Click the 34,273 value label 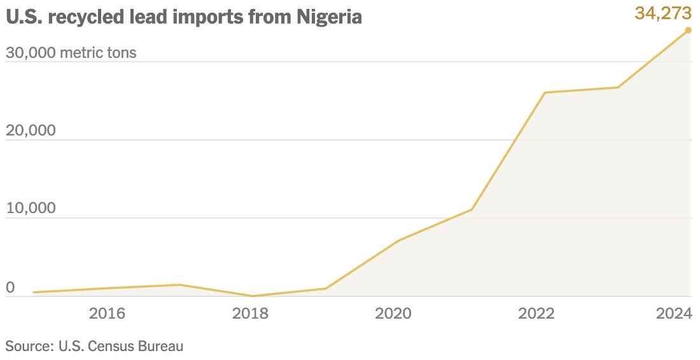(x=662, y=12)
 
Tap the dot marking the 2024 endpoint (x=688, y=30)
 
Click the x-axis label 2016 (x=107, y=313)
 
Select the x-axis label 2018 (x=250, y=313)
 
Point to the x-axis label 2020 (x=393, y=313)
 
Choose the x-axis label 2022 (x=536, y=313)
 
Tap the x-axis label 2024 (x=674, y=313)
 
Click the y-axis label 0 (x=10, y=287)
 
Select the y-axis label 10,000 (x=31, y=209)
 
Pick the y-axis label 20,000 (x=31, y=130)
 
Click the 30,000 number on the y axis (x=31, y=52)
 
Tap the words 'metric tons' (x=98, y=52)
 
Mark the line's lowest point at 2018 (x=253, y=296)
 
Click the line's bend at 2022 (x=545, y=93)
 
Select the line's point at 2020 (x=398, y=240)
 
